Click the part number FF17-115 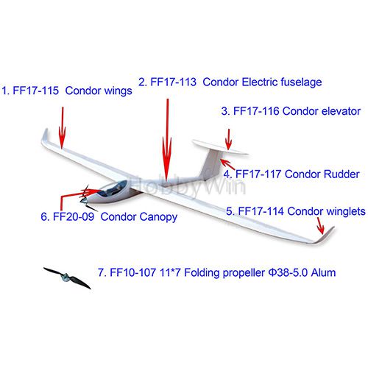coord(35,91)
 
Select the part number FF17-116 coord(256,111)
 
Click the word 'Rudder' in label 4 coord(342,174)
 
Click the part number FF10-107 coord(133,272)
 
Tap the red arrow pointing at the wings coord(63,128)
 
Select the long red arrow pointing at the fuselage coord(167,140)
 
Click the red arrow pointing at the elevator coord(229,139)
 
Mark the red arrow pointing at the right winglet coord(320,226)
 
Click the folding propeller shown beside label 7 coord(67,278)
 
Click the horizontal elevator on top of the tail coord(219,147)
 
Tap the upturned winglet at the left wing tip coord(45,135)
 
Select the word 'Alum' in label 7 coord(323,272)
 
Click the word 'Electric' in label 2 coord(260,82)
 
